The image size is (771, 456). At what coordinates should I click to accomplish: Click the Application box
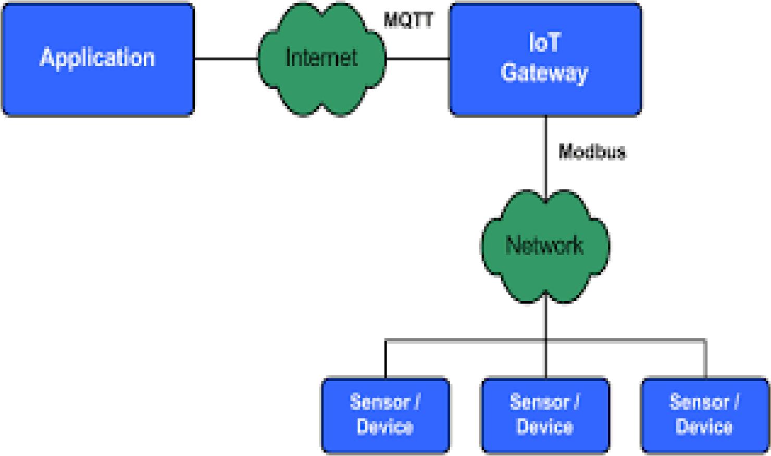(x=98, y=59)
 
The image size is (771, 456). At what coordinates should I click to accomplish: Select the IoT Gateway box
(x=545, y=59)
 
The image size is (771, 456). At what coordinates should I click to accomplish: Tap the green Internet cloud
(x=322, y=59)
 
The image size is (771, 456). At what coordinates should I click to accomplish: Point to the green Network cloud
(x=545, y=247)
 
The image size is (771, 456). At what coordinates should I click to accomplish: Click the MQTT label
(x=408, y=20)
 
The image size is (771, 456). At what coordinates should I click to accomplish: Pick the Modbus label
(x=592, y=152)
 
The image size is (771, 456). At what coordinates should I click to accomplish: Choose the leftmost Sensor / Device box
(x=386, y=415)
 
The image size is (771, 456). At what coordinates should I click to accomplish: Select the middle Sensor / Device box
(x=545, y=415)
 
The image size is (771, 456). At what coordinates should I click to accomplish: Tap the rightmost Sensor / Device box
(x=705, y=415)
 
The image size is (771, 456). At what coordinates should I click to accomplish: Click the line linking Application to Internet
(x=226, y=59)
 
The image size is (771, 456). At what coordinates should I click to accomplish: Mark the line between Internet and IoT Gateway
(x=418, y=59)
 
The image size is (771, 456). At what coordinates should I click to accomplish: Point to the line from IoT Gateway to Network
(x=545, y=159)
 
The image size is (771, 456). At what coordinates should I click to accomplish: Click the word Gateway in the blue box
(x=544, y=73)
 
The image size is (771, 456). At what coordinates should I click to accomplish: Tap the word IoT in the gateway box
(x=545, y=42)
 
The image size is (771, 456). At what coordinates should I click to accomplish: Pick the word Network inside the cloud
(x=544, y=245)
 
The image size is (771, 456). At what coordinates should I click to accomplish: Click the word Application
(x=97, y=58)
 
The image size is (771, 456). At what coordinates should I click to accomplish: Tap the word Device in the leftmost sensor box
(x=385, y=427)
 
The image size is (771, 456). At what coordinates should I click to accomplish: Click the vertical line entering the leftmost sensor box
(x=385, y=359)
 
